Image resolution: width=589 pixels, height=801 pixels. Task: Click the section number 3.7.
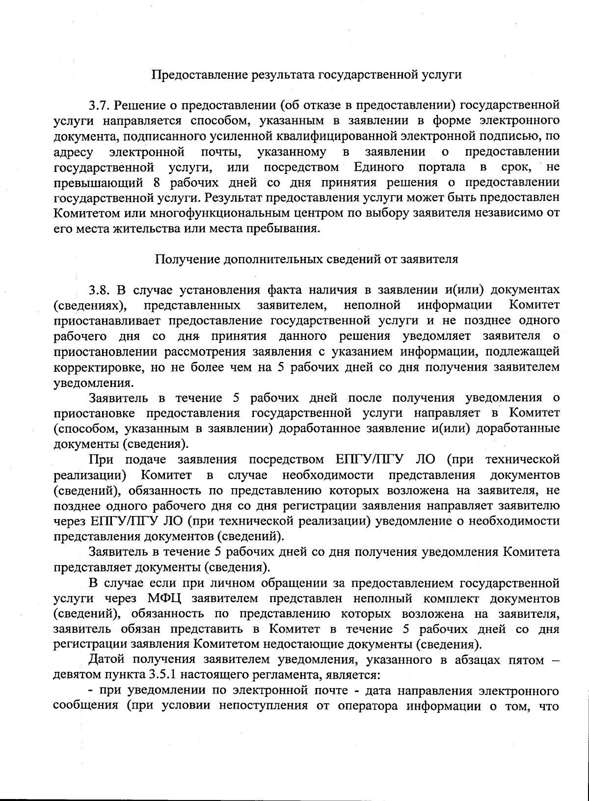(x=101, y=105)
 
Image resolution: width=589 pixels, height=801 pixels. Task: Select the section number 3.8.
(x=101, y=289)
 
